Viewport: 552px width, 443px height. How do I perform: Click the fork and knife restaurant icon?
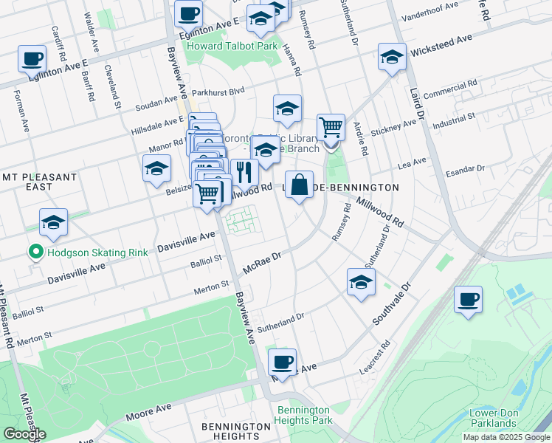point(244,172)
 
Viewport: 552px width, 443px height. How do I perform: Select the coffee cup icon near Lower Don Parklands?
point(468,300)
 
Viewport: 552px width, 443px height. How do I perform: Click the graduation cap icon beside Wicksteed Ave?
point(392,57)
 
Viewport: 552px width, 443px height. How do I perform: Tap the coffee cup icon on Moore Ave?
point(282,363)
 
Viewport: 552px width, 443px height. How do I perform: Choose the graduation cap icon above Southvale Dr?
point(360,282)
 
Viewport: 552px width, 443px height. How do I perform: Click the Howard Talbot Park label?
point(231,46)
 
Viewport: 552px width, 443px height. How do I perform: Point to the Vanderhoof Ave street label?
point(429,15)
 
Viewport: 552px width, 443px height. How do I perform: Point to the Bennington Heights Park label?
point(303,415)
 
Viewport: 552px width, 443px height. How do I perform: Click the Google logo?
point(24,434)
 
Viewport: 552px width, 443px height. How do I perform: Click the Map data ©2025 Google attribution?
point(506,437)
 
